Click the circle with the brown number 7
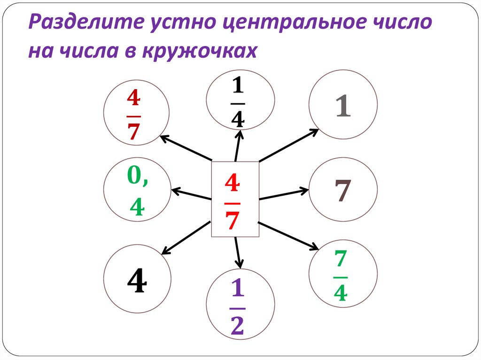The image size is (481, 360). (343, 192)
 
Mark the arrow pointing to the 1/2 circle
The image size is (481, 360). (238, 253)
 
